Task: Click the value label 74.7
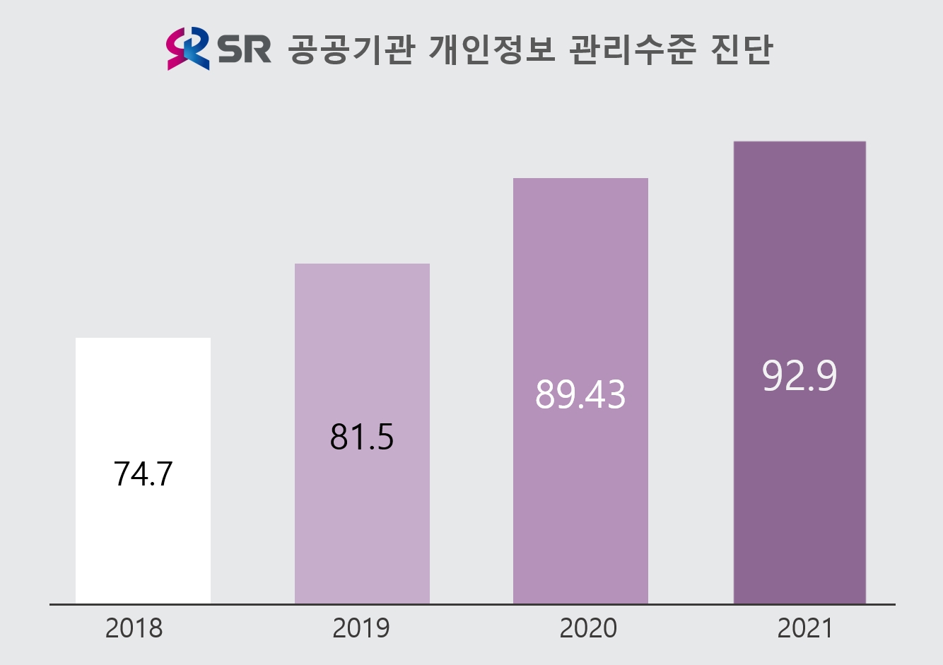(143, 473)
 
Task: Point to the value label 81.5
(362, 437)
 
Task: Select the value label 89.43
(580, 394)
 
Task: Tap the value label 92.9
(799, 376)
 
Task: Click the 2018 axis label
(134, 628)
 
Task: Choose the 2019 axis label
(361, 628)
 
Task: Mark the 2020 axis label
(587, 628)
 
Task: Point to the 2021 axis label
(805, 628)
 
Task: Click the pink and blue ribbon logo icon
(188, 48)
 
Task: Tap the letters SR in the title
(244, 49)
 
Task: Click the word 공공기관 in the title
(351, 49)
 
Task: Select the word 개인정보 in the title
(492, 49)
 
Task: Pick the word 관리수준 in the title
(633, 49)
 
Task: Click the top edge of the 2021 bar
(799, 142)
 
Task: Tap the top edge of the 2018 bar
(143, 339)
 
